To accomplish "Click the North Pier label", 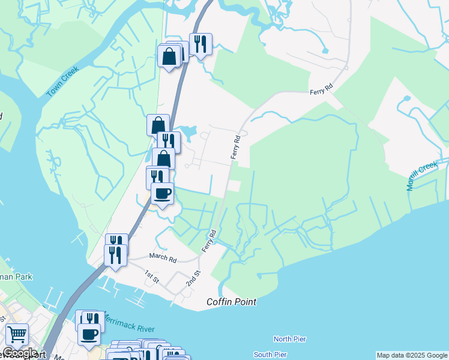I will [290, 340].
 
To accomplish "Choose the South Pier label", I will [270, 355].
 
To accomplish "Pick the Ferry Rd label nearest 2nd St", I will [209, 241].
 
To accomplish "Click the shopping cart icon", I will [17, 334].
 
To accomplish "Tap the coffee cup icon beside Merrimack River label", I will [89, 334].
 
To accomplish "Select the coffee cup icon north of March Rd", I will [162, 193].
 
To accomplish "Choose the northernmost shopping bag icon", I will [170, 56].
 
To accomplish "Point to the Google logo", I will [20, 353].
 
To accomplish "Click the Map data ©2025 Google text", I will [412, 355].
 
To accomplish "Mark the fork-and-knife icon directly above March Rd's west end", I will [115, 254].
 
